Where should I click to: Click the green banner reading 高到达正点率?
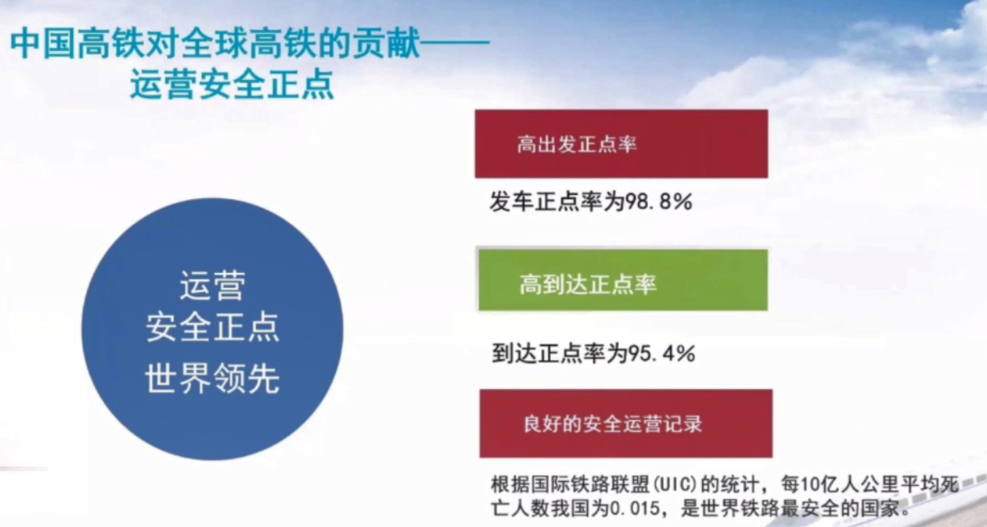[623, 280]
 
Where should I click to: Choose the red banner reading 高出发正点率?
[622, 144]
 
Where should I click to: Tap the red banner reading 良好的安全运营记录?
[626, 423]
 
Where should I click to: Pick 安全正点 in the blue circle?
[212, 327]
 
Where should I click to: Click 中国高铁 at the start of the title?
[79, 45]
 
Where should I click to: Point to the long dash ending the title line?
[455, 45]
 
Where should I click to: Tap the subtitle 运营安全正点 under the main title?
[231, 84]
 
